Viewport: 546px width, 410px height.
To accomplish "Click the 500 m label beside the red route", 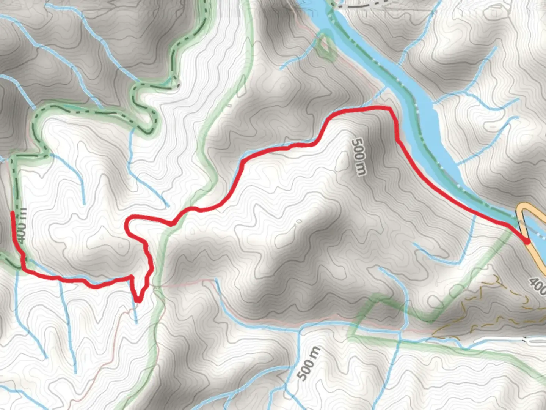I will [359, 157].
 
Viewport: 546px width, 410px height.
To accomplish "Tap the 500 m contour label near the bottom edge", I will [309, 363].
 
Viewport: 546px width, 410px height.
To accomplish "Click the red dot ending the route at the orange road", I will [527, 241].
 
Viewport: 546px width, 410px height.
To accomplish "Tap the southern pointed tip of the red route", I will [138, 301].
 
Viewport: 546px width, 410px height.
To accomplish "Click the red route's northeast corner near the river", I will [391, 110].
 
